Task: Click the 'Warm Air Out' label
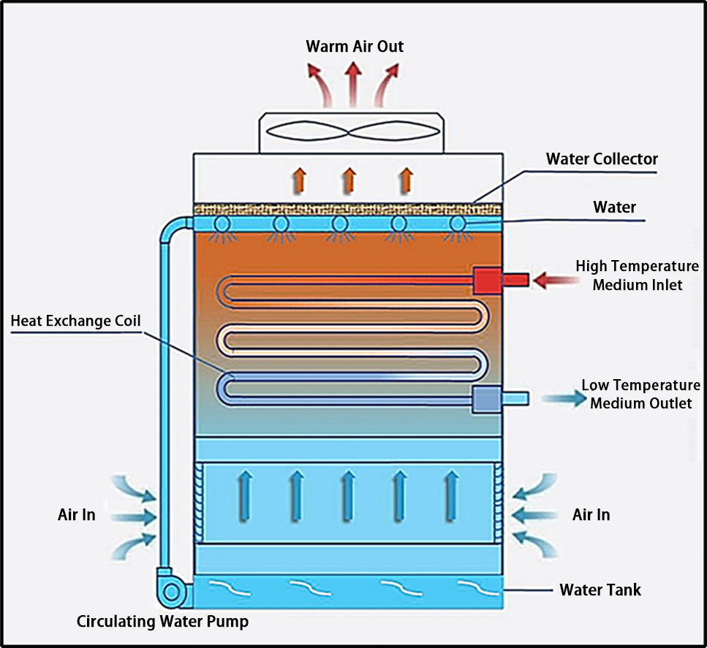355,47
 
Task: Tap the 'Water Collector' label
602,159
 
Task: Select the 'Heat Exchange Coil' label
75,321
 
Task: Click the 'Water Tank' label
600,589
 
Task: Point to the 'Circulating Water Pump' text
162,622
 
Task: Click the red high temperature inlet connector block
487,279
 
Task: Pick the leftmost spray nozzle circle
222,224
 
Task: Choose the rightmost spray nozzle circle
458,224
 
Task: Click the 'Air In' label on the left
77,514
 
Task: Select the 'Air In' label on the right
591,514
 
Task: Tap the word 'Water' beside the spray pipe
614,207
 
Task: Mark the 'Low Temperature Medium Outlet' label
640,394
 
